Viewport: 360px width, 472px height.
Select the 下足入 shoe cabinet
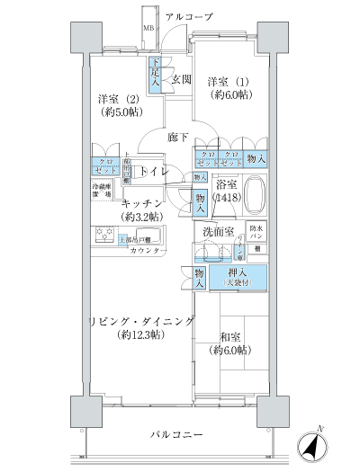pos(156,73)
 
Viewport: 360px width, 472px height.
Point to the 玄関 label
pos(182,79)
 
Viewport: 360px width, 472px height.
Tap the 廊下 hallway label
pos(177,138)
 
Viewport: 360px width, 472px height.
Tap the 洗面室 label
pos(218,231)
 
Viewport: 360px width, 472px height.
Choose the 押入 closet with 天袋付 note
pos(238,277)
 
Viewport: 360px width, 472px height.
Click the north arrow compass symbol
pos(310,443)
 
